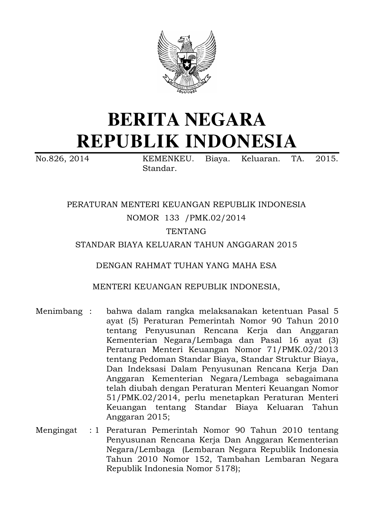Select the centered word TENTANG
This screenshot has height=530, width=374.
tap(186, 231)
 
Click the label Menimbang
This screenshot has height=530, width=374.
tap(59, 311)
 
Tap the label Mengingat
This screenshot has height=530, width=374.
tap(56, 430)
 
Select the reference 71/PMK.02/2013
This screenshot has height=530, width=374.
tap(300, 350)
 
